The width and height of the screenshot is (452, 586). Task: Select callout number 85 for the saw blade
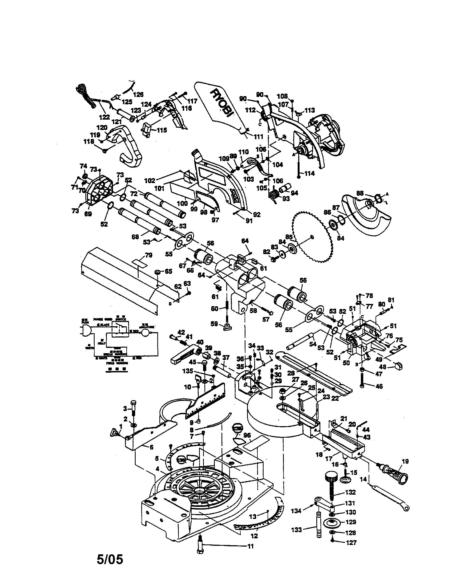289,237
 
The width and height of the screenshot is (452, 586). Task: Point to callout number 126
138,94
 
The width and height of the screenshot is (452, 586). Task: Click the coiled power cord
85,96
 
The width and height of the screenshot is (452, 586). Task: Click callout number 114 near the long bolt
309,173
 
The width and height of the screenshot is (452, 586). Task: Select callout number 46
379,386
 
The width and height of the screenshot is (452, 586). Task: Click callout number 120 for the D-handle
102,127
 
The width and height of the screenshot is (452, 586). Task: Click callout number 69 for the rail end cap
88,214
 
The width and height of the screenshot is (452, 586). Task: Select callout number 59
214,324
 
